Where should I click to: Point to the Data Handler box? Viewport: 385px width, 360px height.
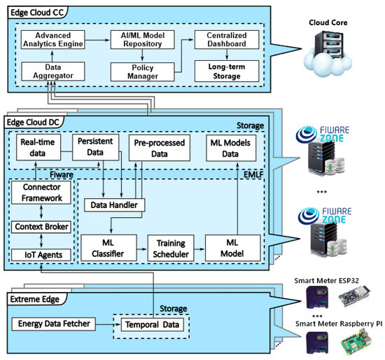point(114,205)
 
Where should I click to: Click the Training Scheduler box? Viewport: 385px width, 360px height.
point(170,249)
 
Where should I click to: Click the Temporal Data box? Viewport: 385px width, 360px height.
point(150,324)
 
